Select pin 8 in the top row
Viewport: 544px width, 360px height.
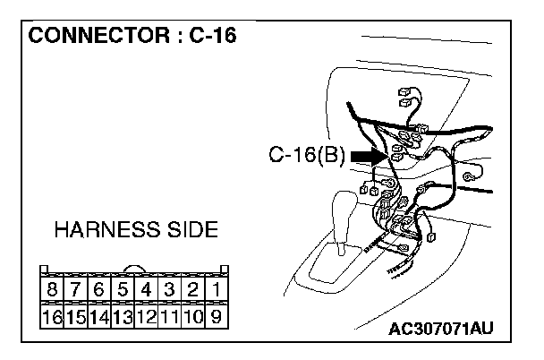(52, 290)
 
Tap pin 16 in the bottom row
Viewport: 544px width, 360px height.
(52, 315)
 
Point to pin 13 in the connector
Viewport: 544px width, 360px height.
(123, 315)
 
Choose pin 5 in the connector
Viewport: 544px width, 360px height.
(123, 290)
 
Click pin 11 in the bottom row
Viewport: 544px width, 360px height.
(169, 315)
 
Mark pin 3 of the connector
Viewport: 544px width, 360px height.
(169, 290)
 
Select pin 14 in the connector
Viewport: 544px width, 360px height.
(99, 315)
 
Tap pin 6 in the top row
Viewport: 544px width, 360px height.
(99, 290)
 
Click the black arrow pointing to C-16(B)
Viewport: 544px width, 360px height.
(368, 157)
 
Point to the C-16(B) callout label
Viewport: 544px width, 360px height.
(307, 157)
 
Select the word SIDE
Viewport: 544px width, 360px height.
(190, 230)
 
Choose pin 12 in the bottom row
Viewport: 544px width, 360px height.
(146, 315)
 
